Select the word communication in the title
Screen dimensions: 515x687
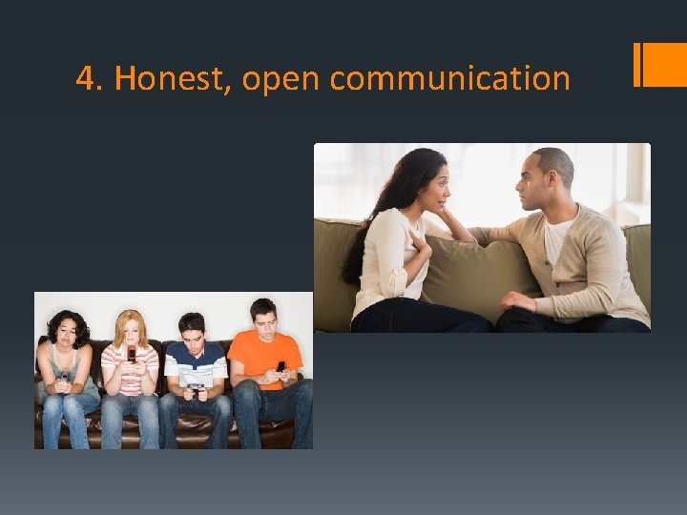449,79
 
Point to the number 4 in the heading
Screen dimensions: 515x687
86,79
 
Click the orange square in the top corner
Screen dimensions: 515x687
664,64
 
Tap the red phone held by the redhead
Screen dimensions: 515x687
131,355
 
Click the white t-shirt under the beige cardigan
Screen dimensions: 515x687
556,237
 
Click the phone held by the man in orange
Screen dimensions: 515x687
281,366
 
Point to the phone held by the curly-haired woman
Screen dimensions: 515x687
65,377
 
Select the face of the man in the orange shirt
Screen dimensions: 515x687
263,320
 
